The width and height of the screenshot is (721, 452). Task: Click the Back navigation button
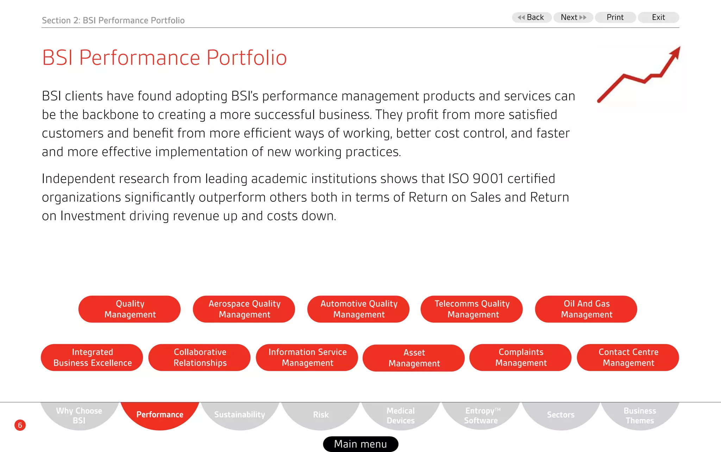point(532,17)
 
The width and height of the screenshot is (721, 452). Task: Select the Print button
point(615,17)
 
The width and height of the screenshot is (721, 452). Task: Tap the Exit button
point(658,17)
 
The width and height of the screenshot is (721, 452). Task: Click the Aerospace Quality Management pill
point(244,309)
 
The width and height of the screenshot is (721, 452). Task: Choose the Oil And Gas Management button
point(586,309)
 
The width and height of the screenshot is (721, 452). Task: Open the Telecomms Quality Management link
point(472,309)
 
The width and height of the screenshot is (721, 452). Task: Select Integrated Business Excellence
point(92,357)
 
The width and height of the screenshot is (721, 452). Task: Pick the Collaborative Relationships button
point(200,357)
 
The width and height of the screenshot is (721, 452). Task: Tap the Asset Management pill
point(414,358)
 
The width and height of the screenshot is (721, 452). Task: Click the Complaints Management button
point(521,357)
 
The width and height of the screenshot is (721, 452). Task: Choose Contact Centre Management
point(628,357)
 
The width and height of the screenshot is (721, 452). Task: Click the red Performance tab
point(160,414)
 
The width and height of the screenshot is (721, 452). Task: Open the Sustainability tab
point(240,414)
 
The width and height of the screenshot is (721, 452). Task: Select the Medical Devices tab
point(401,415)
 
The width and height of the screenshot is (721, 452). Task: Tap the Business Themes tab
point(640,415)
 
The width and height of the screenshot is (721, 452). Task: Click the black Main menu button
point(360,444)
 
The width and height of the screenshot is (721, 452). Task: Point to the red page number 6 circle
point(20,425)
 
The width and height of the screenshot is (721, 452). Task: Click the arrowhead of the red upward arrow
point(675,53)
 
